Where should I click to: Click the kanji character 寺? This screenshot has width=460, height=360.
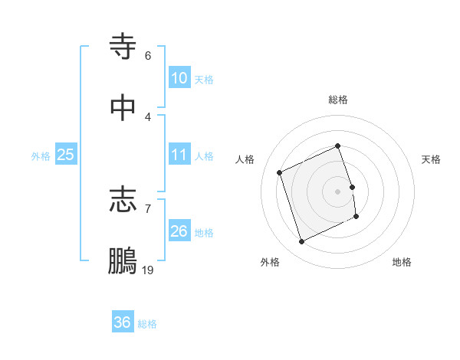[x=123, y=47]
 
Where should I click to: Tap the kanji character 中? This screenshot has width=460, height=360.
[x=123, y=107]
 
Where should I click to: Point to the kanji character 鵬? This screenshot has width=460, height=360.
[x=123, y=260]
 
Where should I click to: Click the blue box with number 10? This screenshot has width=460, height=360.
[x=179, y=78]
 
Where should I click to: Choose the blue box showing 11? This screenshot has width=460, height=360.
[x=179, y=155]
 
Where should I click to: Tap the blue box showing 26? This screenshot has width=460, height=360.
[x=179, y=231]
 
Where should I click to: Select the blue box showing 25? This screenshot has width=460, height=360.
[x=66, y=155]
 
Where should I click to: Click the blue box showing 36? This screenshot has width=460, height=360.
[x=123, y=322]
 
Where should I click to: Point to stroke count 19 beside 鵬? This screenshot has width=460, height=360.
[x=147, y=270]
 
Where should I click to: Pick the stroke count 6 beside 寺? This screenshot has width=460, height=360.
[x=147, y=56]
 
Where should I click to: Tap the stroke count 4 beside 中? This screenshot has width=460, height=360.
[x=147, y=116]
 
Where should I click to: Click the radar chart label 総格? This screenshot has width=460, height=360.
[x=338, y=100]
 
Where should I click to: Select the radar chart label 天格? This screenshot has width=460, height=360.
[x=431, y=159]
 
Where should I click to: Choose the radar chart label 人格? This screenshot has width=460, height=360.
[x=245, y=159]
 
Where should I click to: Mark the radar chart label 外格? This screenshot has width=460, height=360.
[x=270, y=262]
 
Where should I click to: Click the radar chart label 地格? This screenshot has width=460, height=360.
[x=402, y=262]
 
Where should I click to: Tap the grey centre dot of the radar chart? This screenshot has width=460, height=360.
[x=338, y=191]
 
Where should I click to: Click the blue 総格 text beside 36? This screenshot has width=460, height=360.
[x=147, y=324]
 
